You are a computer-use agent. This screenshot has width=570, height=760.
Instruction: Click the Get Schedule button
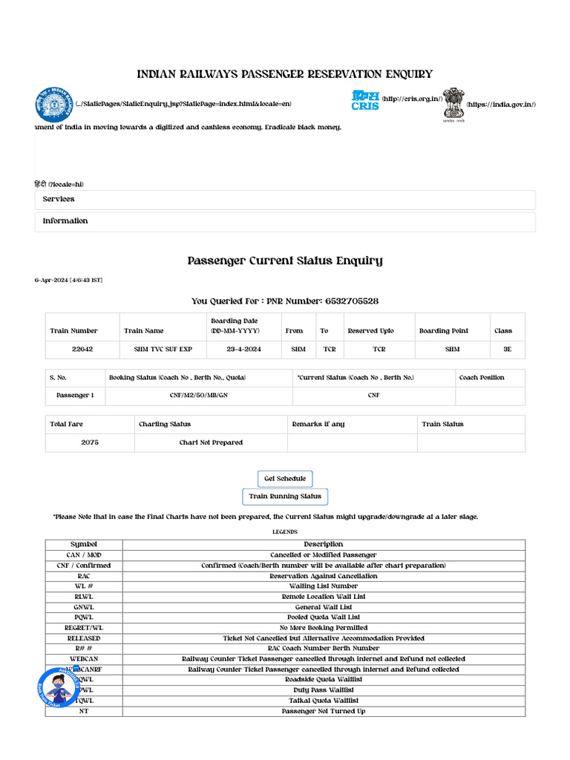[x=285, y=479]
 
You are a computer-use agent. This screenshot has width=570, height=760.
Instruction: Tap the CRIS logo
[x=365, y=101]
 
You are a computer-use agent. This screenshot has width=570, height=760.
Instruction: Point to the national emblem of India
[x=453, y=105]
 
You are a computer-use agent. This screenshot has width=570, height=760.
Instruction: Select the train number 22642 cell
[x=82, y=350]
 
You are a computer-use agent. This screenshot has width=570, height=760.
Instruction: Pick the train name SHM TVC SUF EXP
[x=163, y=350]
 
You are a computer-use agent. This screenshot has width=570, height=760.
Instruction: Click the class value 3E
[x=507, y=350]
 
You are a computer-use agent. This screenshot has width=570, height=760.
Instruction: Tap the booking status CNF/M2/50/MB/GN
[x=199, y=396]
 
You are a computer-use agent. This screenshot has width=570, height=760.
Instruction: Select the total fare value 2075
[x=90, y=442]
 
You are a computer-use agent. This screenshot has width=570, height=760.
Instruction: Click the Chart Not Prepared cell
[x=211, y=442]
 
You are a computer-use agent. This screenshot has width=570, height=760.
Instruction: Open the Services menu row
[x=285, y=200]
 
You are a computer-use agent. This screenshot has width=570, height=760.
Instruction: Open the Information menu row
[x=285, y=221]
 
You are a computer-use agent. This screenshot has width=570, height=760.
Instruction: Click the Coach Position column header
[x=482, y=378]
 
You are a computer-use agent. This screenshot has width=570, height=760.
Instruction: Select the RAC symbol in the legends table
[x=84, y=576]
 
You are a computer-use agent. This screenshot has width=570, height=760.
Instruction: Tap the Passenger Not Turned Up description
[x=323, y=711]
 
